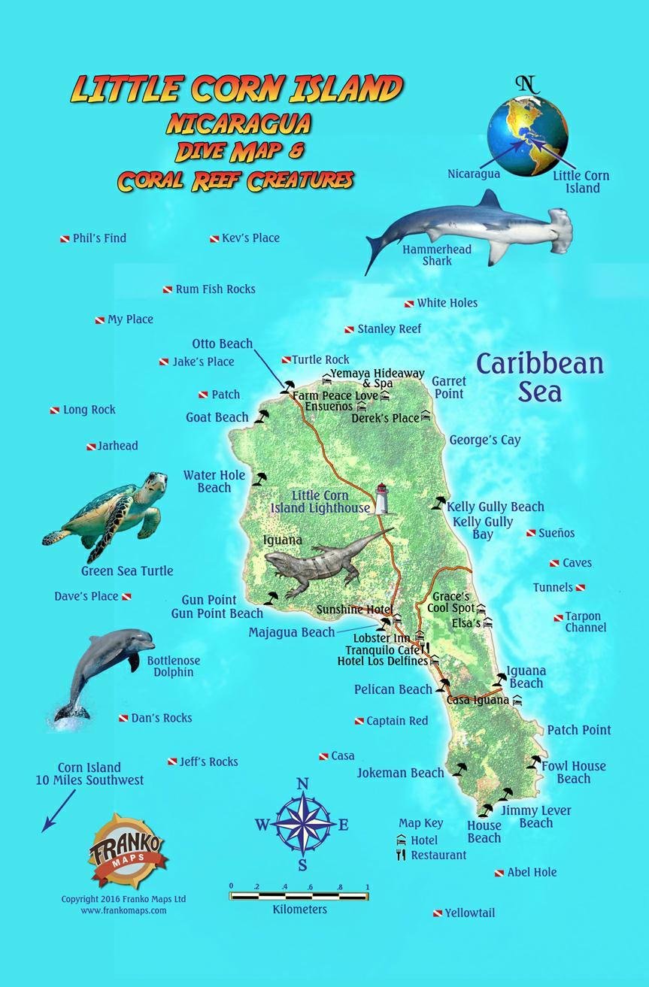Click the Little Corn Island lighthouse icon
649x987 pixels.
pyautogui.click(x=382, y=498)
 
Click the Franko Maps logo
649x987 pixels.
pyautogui.click(x=126, y=850)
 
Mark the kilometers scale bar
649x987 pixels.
pyautogui.click(x=299, y=895)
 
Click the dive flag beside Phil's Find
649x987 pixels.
pyautogui.click(x=65, y=239)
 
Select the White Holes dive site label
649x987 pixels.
pyautogui.click(x=447, y=303)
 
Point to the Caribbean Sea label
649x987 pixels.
pyautogui.click(x=540, y=377)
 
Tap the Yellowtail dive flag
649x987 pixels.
pyautogui.click(x=437, y=914)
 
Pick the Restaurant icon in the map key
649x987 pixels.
pyautogui.click(x=401, y=855)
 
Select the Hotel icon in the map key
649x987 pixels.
pyautogui.click(x=401, y=840)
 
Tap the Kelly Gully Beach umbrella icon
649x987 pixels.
pyautogui.click(x=438, y=502)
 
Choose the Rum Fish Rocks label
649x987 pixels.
pyautogui.click(x=215, y=289)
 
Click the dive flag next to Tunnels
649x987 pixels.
pyautogui.click(x=581, y=588)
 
